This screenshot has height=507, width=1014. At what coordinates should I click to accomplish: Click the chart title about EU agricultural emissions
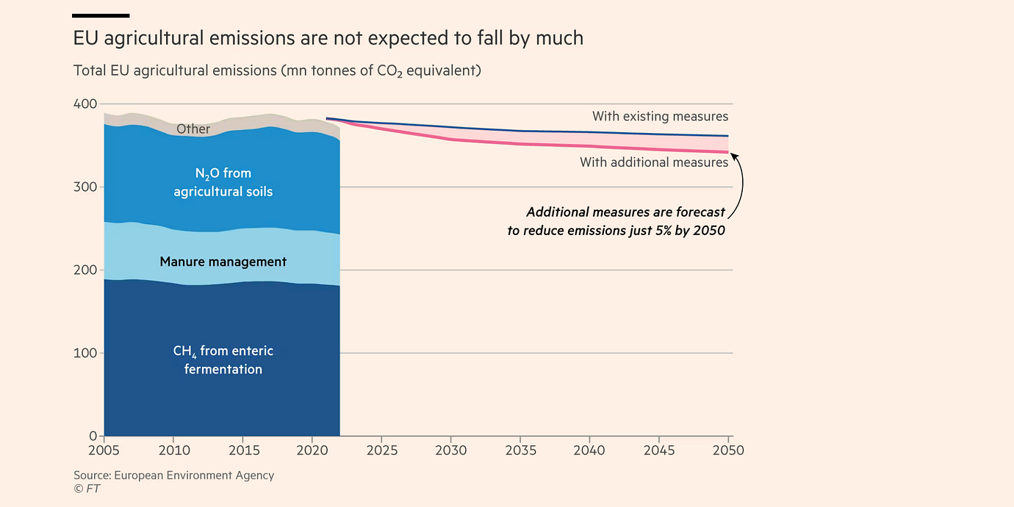click(328, 38)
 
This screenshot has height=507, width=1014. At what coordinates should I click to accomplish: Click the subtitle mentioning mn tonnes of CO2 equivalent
click(277, 71)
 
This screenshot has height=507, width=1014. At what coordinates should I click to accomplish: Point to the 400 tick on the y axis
click(85, 104)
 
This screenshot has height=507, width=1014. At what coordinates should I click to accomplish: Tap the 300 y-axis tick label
click(85, 187)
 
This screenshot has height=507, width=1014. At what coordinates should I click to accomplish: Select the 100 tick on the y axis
click(85, 353)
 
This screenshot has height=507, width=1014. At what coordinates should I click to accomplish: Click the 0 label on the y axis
click(93, 436)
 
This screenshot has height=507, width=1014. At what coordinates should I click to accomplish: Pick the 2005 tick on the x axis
click(104, 450)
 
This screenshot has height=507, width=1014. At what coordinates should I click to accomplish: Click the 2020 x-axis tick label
click(312, 450)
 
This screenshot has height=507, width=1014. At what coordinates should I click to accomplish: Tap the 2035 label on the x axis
click(520, 450)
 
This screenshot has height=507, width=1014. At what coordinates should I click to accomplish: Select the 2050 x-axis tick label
click(728, 450)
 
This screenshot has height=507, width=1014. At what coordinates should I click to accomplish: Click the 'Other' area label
click(193, 129)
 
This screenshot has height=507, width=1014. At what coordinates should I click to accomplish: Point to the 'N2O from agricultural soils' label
click(223, 182)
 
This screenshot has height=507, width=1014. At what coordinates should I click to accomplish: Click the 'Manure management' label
click(223, 262)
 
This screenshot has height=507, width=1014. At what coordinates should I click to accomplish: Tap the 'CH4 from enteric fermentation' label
click(223, 360)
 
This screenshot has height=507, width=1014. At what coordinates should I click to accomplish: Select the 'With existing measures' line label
click(660, 116)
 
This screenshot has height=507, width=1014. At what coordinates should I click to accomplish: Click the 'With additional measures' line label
click(654, 162)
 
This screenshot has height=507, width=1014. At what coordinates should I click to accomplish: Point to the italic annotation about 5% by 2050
click(616, 221)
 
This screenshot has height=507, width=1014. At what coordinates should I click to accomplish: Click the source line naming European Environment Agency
click(174, 475)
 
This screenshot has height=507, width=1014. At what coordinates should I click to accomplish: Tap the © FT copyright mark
click(87, 489)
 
